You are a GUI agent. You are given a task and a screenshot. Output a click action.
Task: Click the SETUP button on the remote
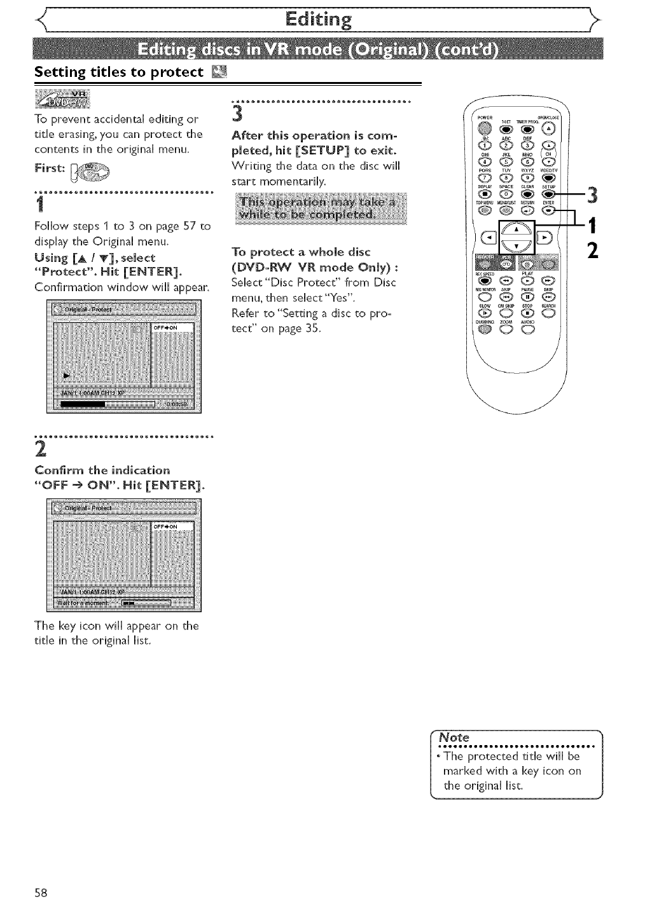point(548,194)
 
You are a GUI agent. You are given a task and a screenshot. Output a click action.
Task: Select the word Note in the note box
point(455,737)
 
